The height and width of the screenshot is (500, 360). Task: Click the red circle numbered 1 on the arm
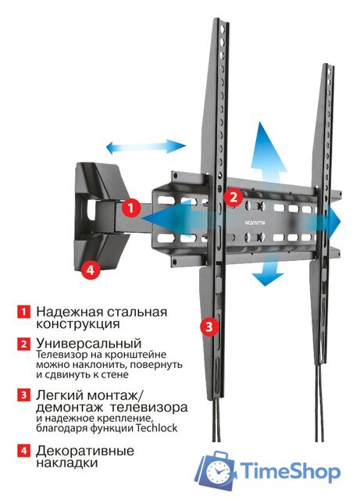[x=132, y=209]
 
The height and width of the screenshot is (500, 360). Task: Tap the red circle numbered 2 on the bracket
[x=232, y=198]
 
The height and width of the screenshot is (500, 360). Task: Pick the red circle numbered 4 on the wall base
[x=90, y=270]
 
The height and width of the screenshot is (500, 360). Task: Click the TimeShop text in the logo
[x=290, y=472]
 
